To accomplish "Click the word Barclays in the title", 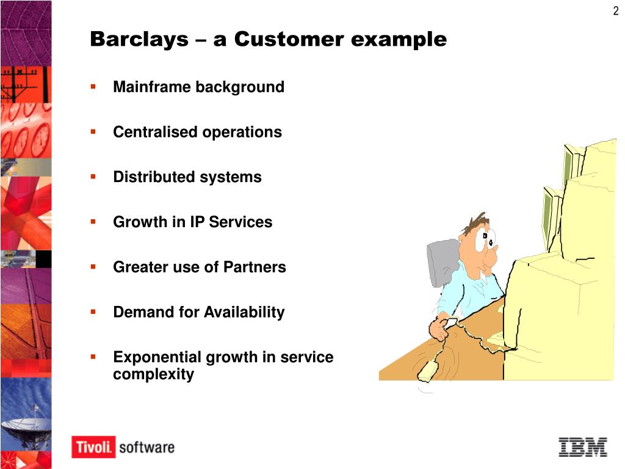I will (139, 40).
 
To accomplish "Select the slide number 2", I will (615, 10).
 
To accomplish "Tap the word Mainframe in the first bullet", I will (152, 87).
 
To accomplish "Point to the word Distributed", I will (154, 178).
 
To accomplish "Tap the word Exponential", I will (157, 357).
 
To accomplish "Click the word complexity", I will (153, 374).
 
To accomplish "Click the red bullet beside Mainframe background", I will (93, 87).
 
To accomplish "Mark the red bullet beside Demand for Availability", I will (93, 312).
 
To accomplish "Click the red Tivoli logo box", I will (93, 447).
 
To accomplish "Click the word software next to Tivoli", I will (146, 447).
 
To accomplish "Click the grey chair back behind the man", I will (441, 259).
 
